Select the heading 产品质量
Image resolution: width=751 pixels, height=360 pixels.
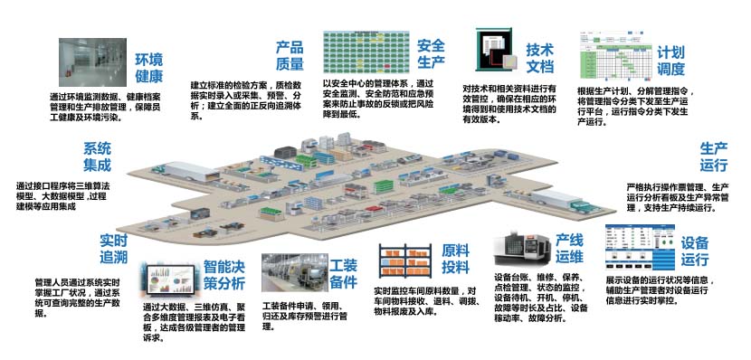coord(290,55)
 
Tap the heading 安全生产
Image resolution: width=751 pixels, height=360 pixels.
coord(432,53)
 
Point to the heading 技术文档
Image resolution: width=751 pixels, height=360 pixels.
coord(541,56)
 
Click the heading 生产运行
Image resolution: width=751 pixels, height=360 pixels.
coord(715,157)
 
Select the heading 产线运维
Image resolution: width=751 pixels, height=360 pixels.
coord(568,249)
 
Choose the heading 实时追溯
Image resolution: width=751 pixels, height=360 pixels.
coord(113,249)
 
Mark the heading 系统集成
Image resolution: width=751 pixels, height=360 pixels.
coord(96,157)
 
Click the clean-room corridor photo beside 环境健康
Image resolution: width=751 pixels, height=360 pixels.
coord(89,62)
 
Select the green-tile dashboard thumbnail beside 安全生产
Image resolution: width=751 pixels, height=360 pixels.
coord(365,53)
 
